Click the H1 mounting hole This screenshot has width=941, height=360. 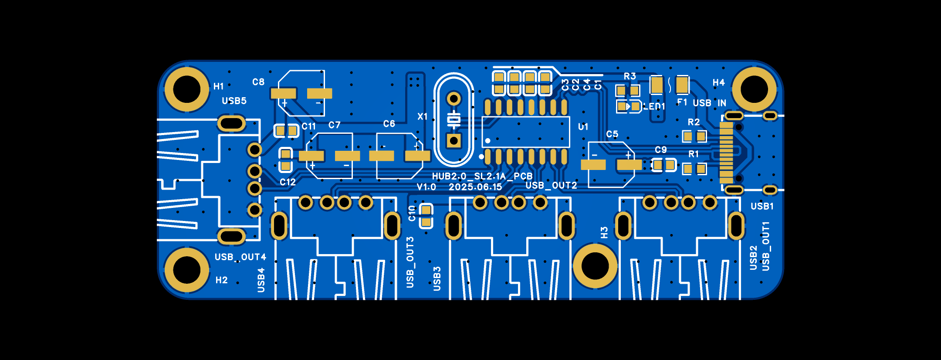[187, 89]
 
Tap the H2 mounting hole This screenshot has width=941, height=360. [187, 270]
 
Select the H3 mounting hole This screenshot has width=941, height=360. [595, 266]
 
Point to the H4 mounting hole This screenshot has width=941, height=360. [754, 89]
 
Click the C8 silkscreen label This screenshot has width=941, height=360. [258, 82]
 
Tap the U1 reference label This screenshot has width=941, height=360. [583, 127]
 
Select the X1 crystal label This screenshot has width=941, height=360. [422, 116]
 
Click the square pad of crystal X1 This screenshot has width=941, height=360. [454, 141]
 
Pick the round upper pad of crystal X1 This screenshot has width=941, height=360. [454, 99]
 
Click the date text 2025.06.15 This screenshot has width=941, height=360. [475, 187]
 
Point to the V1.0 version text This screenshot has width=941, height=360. [426, 187]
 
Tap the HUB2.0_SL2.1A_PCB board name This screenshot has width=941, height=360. [482, 176]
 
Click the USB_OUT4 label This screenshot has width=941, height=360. [240, 257]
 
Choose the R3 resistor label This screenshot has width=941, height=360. [630, 76]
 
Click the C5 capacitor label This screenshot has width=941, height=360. [612, 134]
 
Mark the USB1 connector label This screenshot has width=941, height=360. [762, 206]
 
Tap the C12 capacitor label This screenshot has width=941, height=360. [288, 182]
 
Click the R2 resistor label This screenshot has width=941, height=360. [694, 122]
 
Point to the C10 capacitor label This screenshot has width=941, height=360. [412, 213]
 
